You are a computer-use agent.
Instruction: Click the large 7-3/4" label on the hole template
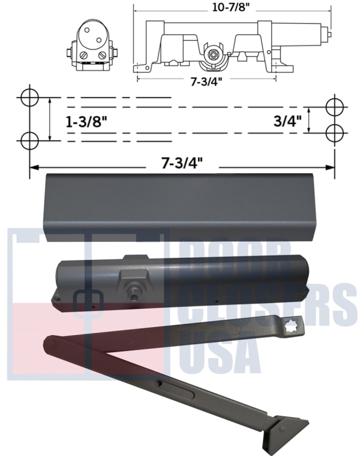coord(181,163)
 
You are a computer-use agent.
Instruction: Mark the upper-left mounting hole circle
coord(29,97)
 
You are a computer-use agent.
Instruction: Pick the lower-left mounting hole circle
coord(29,139)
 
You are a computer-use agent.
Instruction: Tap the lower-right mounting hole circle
coord(334,132)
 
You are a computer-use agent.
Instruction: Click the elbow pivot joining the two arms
coord(50,344)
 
